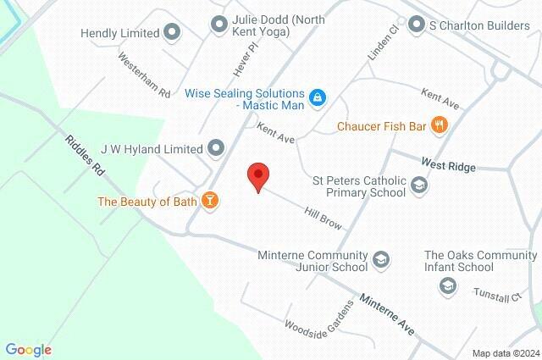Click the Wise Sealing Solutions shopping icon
click(316, 97)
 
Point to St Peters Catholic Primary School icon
click(418, 185)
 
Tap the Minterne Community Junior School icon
click(380, 259)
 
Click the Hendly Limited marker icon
click(173, 33)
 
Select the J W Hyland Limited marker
click(216, 149)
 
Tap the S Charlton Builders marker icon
click(416, 25)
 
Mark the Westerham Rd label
click(144, 75)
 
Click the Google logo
click(28, 350)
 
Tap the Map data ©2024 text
click(505, 353)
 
